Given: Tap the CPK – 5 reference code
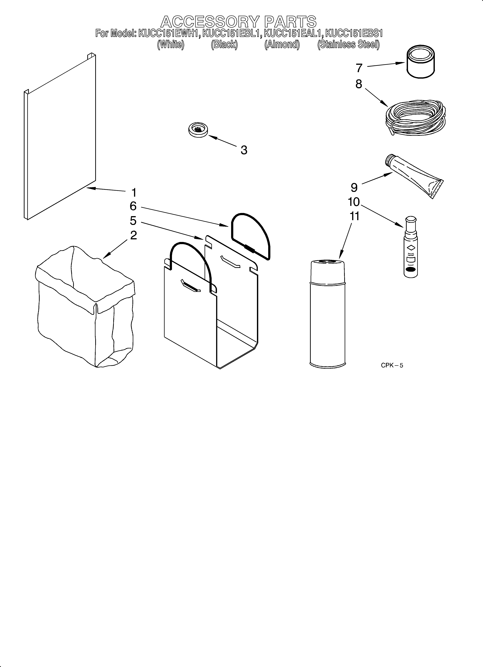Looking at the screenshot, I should pos(392,365).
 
